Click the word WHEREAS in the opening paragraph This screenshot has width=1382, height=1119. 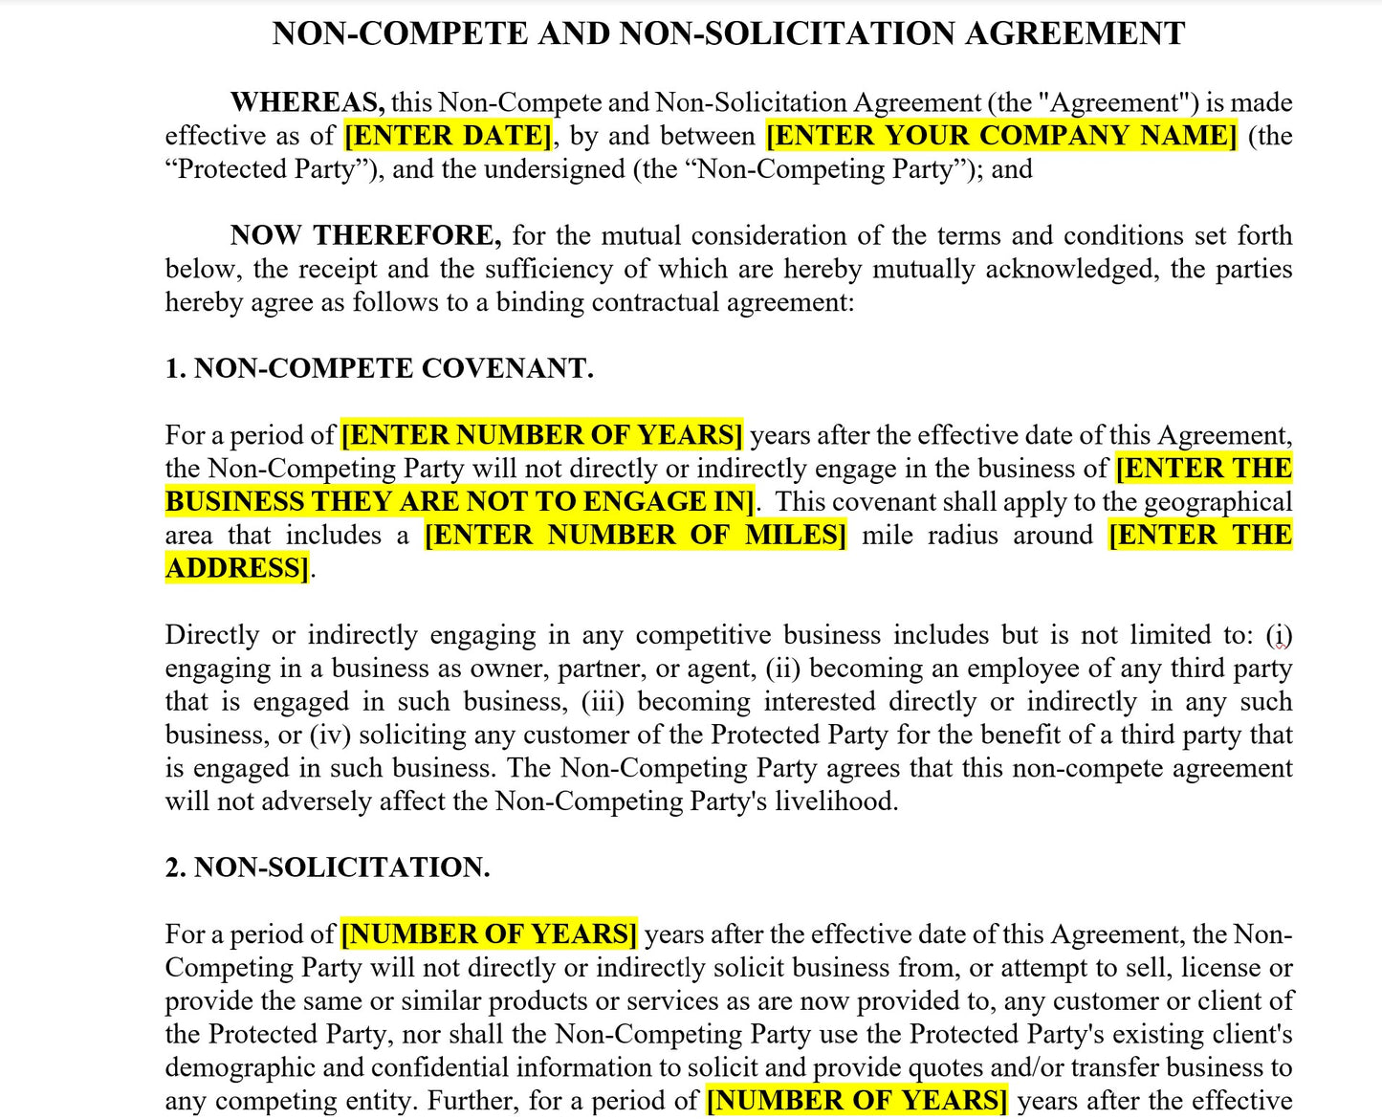[x=307, y=102]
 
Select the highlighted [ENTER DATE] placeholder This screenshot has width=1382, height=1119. [x=448, y=136]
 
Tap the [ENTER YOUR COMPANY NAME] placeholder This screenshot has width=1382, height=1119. [x=1001, y=136]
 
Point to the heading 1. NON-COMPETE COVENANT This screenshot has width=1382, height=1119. [x=379, y=368]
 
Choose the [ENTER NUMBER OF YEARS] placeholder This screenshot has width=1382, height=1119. [x=541, y=435]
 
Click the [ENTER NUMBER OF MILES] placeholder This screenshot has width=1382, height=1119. [x=635, y=535]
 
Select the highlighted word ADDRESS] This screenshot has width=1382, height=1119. [x=237, y=568]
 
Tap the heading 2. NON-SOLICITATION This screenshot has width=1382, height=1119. [x=327, y=867]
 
